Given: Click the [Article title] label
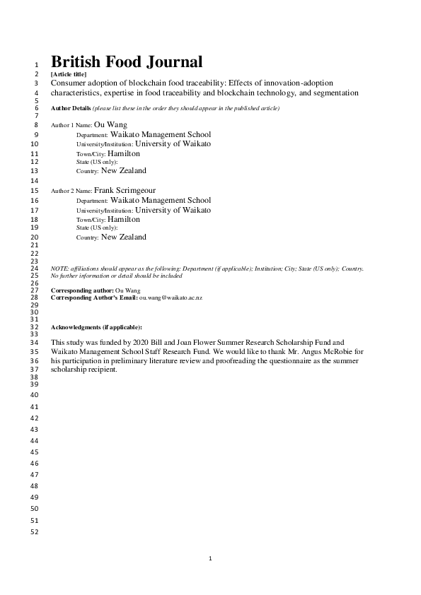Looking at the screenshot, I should coord(69,74).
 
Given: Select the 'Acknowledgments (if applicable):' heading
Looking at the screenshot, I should coord(97,328).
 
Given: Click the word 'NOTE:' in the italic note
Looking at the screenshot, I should coord(60,269).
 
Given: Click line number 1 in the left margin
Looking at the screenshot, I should coord(35,65).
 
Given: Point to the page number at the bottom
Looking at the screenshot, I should coord(210,559).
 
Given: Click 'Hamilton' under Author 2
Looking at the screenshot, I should coord(124,220).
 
